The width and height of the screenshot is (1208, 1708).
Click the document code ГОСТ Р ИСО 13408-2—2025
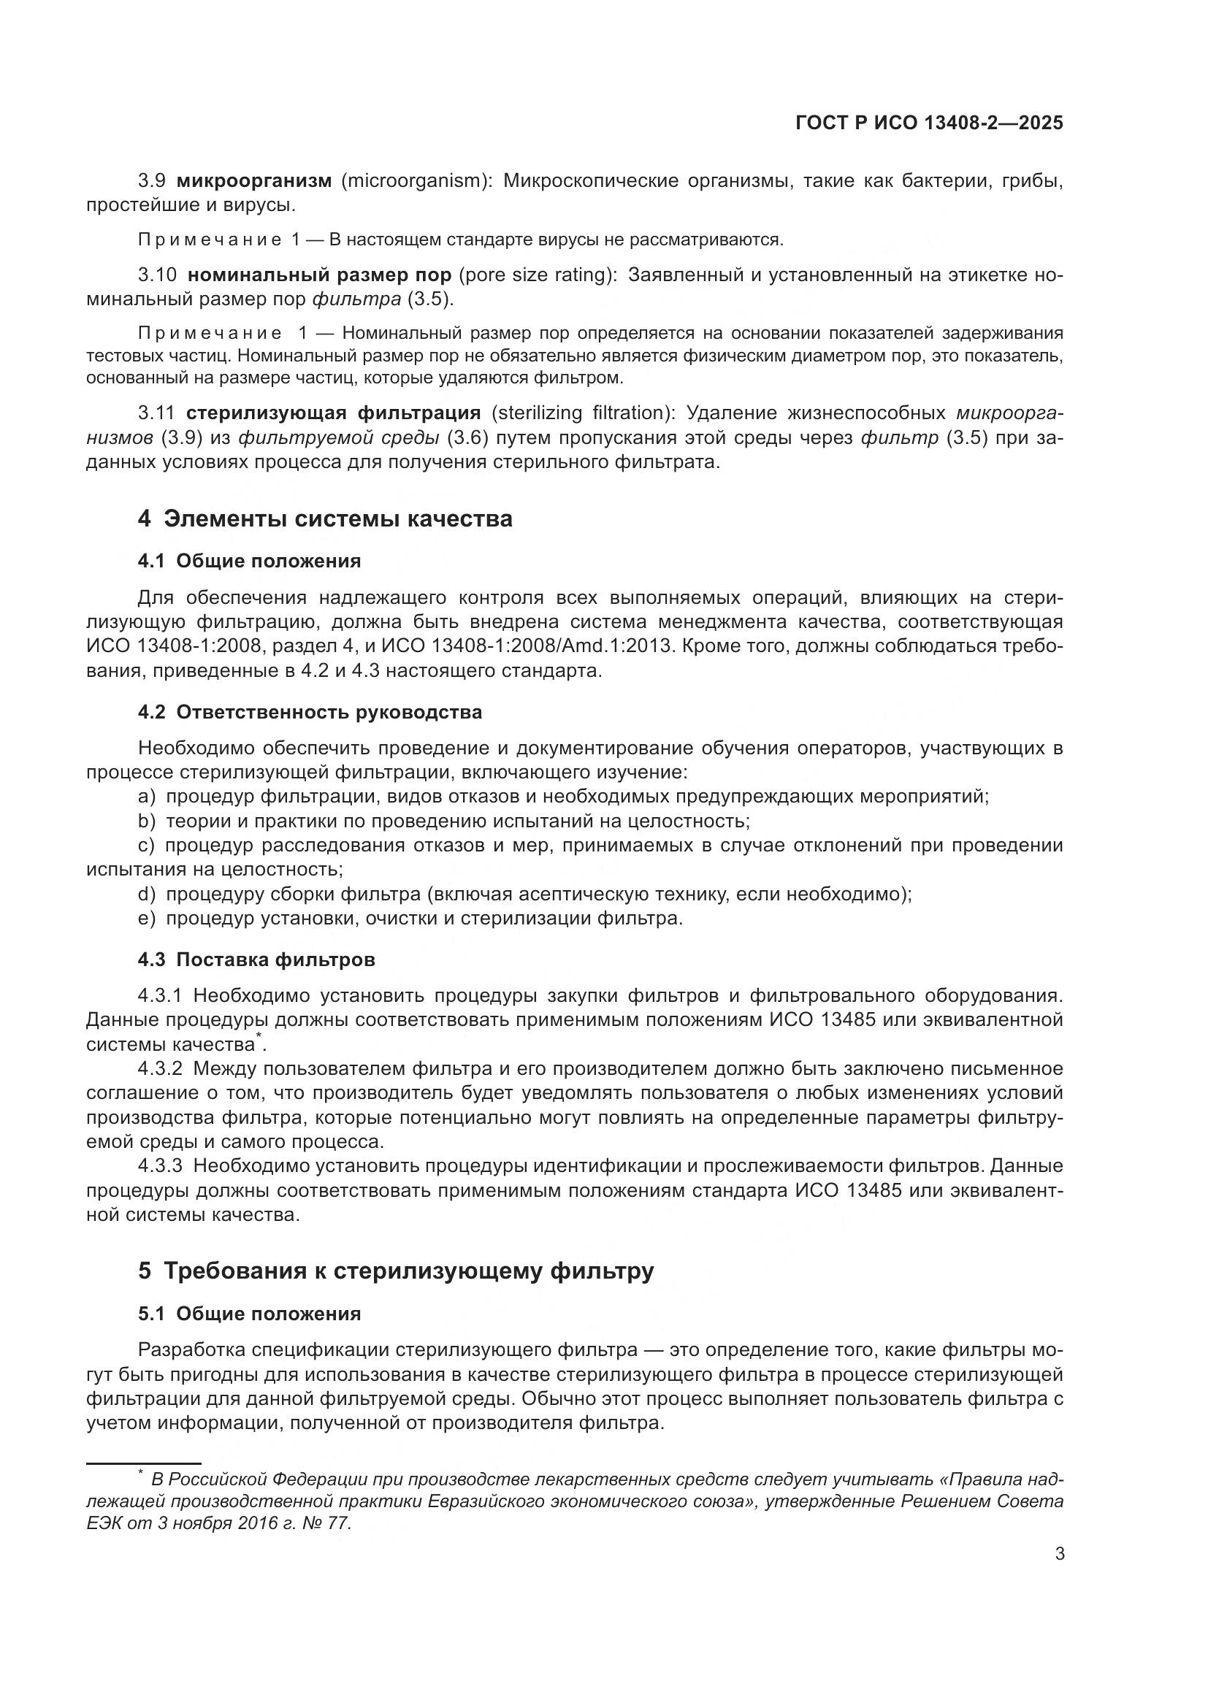pyautogui.click(x=929, y=123)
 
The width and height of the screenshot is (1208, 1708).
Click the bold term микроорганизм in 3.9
pyautogui.click(x=253, y=181)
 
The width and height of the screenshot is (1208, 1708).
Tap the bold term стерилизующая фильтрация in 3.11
pyautogui.click(x=333, y=413)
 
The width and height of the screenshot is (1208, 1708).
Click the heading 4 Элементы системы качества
pyautogui.click(x=325, y=518)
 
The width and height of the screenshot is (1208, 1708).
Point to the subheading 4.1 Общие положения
pyautogui.click(x=249, y=561)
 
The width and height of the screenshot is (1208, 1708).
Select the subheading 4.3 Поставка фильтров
pyautogui.click(x=256, y=960)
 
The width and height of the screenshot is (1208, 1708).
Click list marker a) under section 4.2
pyautogui.click(x=147, y=797)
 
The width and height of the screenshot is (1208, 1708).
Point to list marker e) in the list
pyautogui.click(x=147, y=919)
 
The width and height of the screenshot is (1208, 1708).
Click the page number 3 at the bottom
pyautogui.click(x=1059, y=1554)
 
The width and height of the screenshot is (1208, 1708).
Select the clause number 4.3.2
pyautogui.click(x=160, y=1069)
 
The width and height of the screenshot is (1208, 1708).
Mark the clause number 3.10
pyautogui.click(x=157, y=275)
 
